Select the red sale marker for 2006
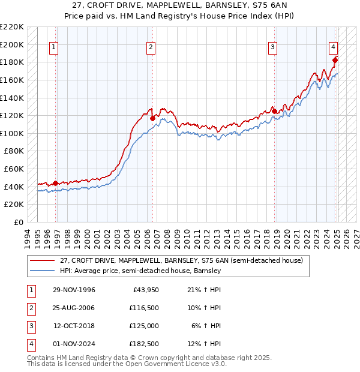152,118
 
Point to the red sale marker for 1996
56,183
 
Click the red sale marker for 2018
274,111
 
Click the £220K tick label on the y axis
12,27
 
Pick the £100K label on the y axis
12,133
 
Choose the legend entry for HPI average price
140,271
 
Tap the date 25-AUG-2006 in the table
74,308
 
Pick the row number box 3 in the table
31,326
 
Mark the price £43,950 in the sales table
143,290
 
